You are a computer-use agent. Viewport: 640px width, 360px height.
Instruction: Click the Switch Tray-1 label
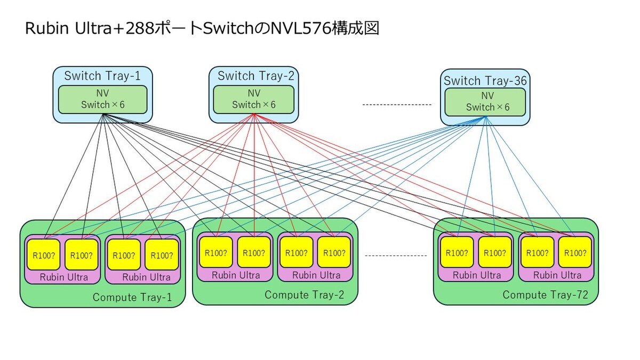(102, 76)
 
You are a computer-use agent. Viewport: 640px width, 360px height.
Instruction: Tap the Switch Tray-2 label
(255, 76)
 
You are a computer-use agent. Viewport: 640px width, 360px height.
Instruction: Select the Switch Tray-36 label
(485, 81)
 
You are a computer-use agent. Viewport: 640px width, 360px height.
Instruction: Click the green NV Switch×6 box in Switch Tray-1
(102, 99)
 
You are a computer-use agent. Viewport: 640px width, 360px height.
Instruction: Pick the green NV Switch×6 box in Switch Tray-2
(253, 99)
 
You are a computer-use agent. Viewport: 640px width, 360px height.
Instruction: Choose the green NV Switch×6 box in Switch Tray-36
(485, 101)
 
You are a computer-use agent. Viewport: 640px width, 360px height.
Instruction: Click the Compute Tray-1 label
(132, 298)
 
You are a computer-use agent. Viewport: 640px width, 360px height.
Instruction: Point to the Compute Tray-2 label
(305, 295)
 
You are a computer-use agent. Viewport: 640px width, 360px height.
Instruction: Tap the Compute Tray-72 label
(545, 295)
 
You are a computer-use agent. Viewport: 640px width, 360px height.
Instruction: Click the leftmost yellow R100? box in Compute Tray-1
(44, 255)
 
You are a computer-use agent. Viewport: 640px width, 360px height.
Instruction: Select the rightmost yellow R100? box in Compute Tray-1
(162, 255)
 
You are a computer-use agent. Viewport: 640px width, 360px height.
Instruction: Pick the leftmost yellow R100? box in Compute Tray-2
(216, 253)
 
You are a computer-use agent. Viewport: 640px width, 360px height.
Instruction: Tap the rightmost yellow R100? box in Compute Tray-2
(334, 253)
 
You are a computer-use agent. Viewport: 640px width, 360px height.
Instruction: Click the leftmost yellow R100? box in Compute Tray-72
(457, 253)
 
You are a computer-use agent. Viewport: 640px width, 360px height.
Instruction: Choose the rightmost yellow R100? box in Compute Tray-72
(575, 253)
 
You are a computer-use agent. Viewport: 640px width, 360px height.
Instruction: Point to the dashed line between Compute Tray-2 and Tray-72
(396, 256)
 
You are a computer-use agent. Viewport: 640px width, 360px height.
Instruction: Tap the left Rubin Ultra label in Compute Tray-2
(236, 275)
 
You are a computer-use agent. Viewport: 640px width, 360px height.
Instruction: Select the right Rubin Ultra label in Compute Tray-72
(557, 275)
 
